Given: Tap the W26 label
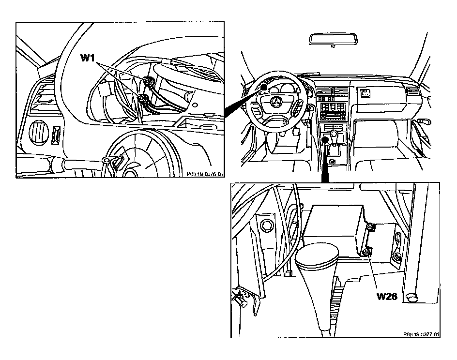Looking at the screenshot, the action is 387,296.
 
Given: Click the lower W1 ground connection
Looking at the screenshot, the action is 143,99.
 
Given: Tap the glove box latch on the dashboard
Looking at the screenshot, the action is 364,92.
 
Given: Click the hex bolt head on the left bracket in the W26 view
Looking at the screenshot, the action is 265,225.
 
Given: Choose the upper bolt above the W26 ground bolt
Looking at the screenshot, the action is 370,226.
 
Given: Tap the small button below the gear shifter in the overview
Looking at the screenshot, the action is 333,160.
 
